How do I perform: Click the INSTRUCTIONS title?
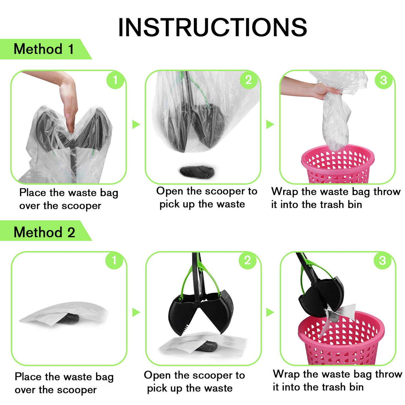click(213, 27)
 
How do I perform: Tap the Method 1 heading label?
click(43, 49)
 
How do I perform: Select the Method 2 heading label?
click(44, 232)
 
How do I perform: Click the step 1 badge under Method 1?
click(115, 80)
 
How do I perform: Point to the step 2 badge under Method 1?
click(248, 80)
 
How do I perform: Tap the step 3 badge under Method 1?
click(384, 80)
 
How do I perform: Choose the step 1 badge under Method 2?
click(114, 261)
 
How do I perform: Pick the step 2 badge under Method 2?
click(247, 261)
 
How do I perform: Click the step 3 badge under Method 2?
click(382, 261)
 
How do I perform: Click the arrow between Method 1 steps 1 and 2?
click(136, 124)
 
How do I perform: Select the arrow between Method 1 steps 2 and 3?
click(270, 124)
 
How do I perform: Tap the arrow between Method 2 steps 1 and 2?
click(136, 312)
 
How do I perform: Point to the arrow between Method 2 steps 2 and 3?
click(270, 312)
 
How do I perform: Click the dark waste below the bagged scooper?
click(197, 171)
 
